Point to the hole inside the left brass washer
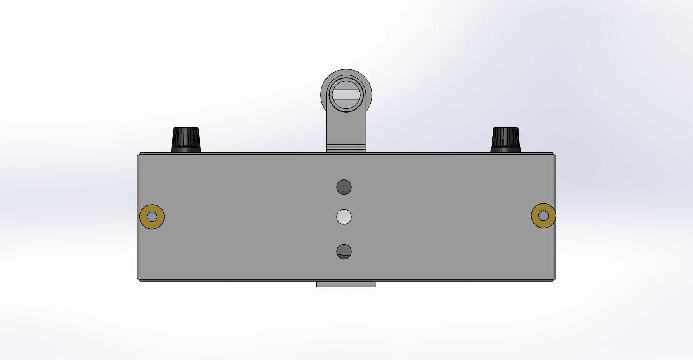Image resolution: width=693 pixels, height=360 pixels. pyautogui.click(x=152, y=216)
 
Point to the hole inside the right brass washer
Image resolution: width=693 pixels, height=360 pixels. pyautogui.click(x=544, y=216)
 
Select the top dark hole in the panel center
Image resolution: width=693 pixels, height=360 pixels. pyautogui.click(x=344, y=187)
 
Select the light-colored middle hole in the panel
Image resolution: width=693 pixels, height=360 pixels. pyautogui.click(x=344, y=217)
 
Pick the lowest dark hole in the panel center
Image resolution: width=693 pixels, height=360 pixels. pyautogui.click(x=344, y=252)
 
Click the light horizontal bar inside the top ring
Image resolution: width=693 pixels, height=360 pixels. pyautogui.click(x=346, y=95)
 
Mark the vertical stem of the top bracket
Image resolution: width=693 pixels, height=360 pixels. pyautogui.click(x=346, y=128)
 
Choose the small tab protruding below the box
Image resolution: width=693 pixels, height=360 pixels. pyautogui.click(x=346, y=284)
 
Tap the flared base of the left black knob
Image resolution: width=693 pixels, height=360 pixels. pyautogui.click(x=186, y=149)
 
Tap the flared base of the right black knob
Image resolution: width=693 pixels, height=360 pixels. pyautogui.click(x=505, y=149)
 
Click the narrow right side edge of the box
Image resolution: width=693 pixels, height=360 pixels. pyautogui.click(x=555, y=247)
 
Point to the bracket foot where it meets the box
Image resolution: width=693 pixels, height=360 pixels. pyautogui.click(x=346, y=148)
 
